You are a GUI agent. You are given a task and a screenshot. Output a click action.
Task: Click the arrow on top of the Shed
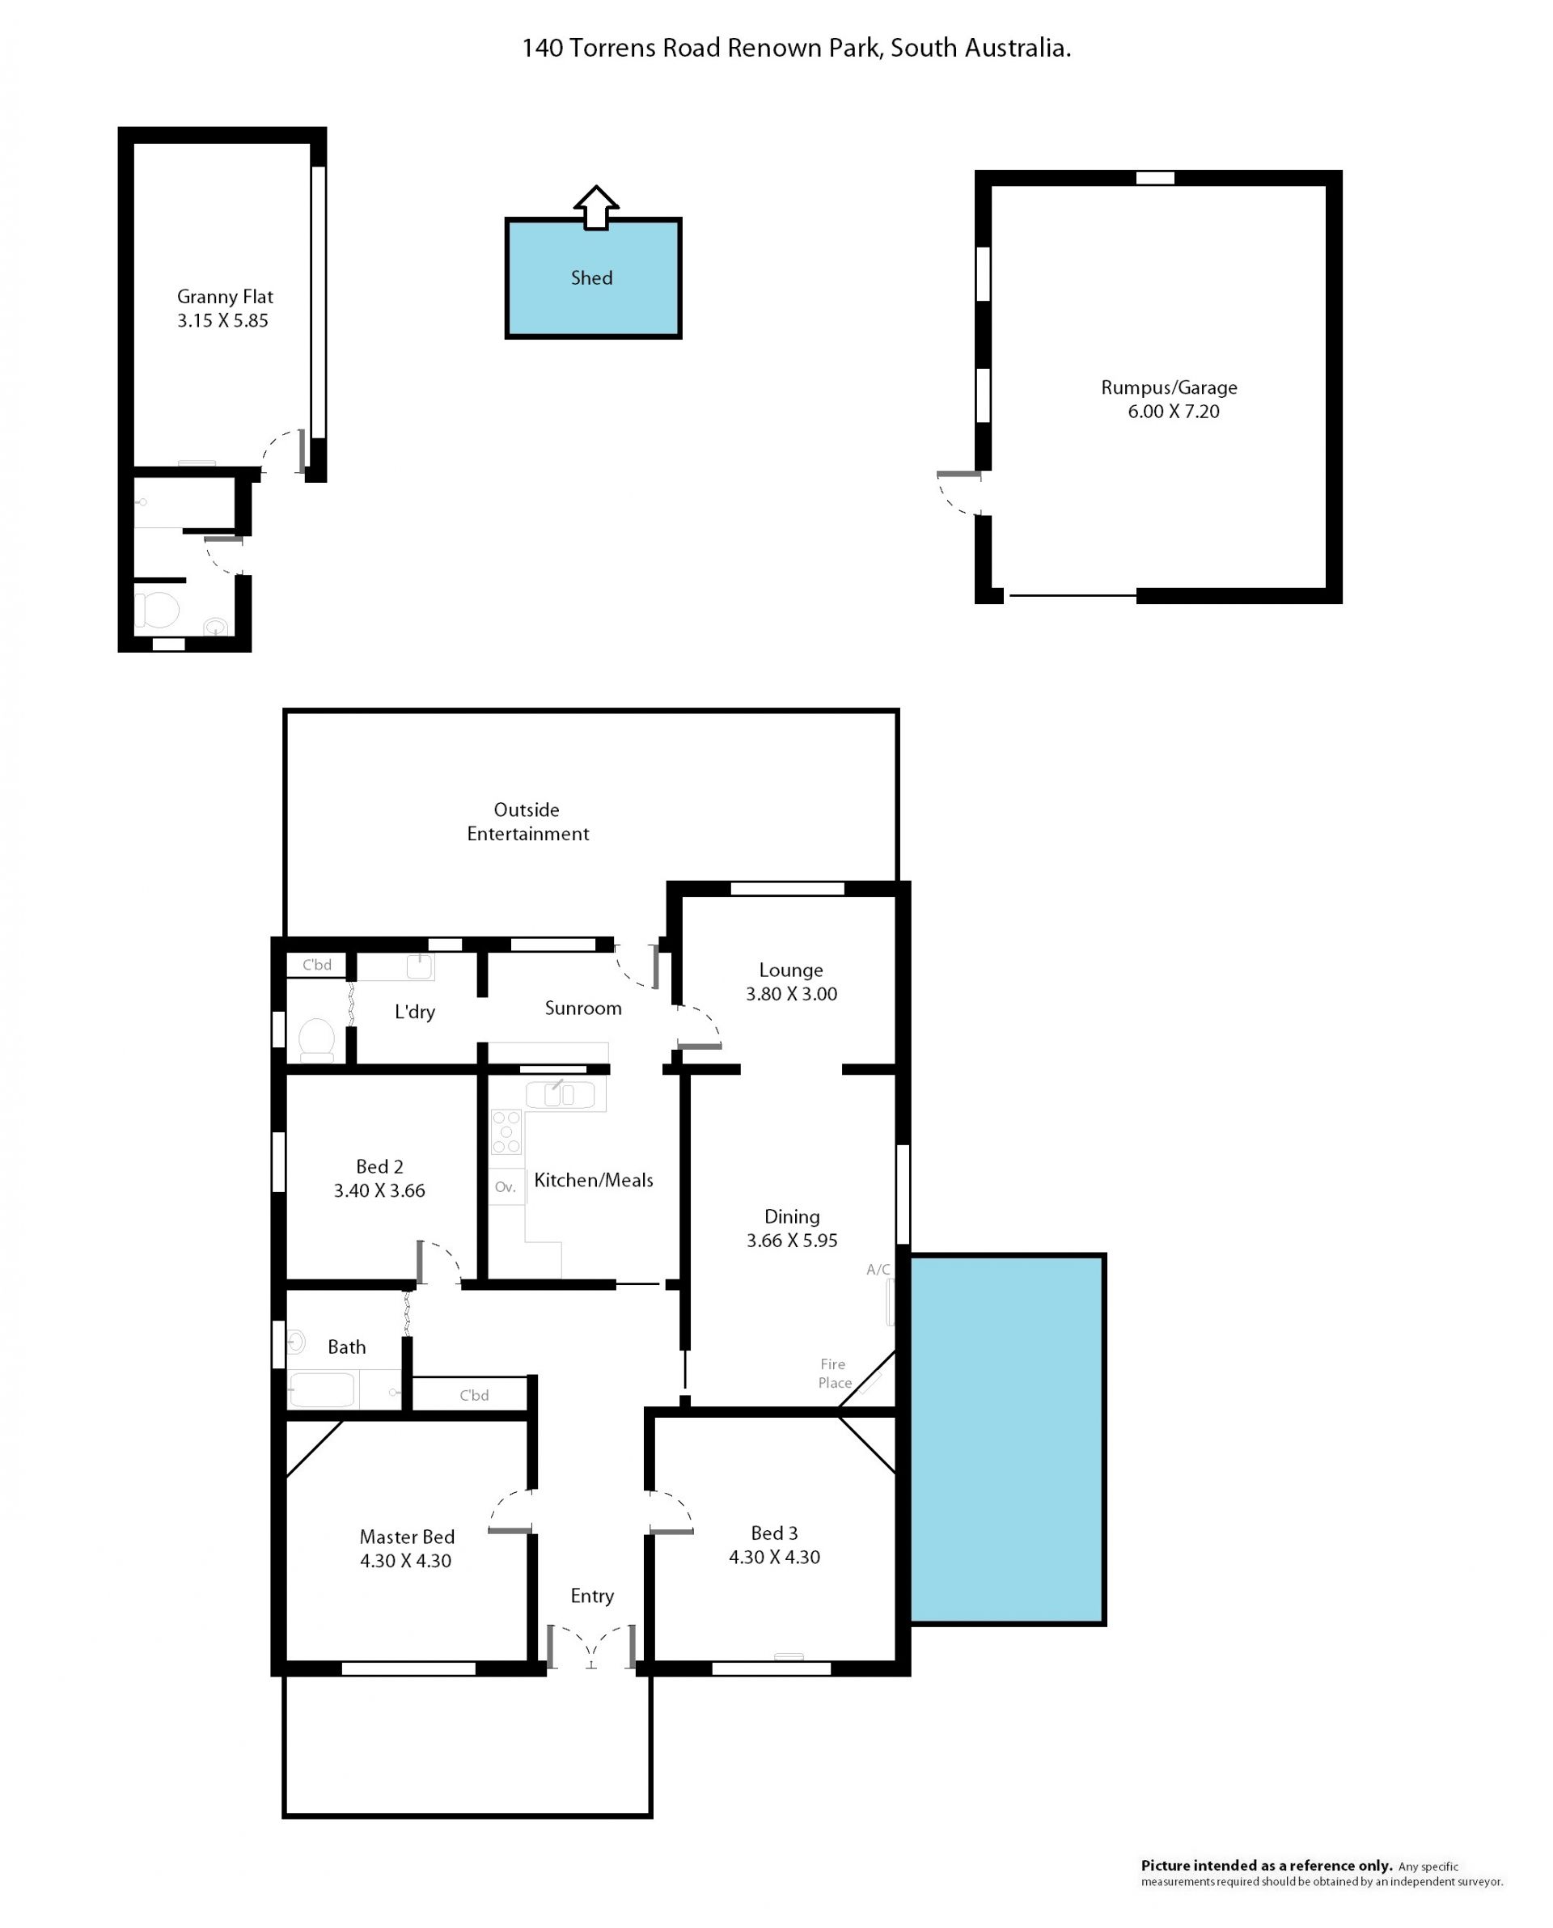point(596,209)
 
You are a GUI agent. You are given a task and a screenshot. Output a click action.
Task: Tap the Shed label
point(591,278)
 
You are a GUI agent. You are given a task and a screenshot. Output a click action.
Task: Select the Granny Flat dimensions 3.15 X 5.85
point(222,321)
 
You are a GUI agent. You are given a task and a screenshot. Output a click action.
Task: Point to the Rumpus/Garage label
point(1170,388)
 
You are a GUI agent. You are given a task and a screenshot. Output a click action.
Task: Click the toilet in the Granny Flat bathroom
point(157,610)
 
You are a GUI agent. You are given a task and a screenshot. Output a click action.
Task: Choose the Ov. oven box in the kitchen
point(506,1186)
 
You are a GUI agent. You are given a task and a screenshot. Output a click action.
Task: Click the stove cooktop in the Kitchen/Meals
point(506,1131)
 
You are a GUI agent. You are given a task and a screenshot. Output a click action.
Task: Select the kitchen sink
point(560,1093)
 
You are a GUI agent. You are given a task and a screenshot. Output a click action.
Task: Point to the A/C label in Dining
point(878,1269)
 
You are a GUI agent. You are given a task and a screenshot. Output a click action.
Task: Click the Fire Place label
point(834,1372)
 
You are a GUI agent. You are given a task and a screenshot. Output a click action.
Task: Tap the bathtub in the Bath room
point(322,1390)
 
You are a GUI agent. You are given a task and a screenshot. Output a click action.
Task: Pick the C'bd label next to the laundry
point(317,965)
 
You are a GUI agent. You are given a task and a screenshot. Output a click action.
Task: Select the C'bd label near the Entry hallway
point(474,1395)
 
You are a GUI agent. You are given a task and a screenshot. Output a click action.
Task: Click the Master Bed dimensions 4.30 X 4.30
point(405,1561)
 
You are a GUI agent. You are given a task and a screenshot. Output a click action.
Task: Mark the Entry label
point(592,1596)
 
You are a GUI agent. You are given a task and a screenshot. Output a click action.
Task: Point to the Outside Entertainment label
point(528,822)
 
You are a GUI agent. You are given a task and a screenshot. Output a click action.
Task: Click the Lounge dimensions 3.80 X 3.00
point(792,993)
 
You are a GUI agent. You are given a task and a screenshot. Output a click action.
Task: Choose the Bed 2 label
point(379,1166)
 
